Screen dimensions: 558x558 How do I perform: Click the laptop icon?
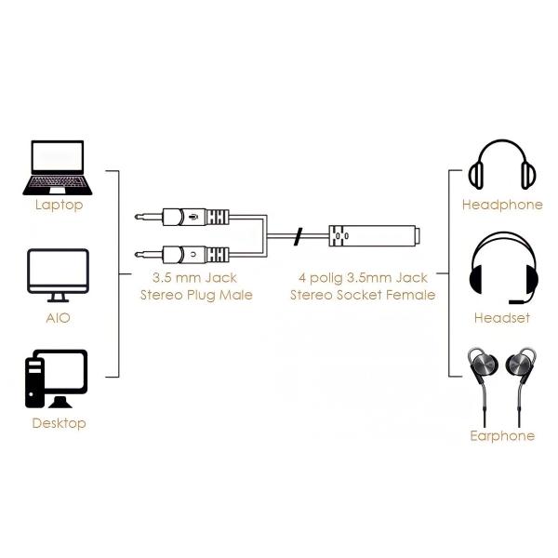point(58,167)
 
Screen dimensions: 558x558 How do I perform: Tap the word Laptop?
point(60,205)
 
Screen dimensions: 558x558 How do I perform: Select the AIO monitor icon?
point(58,275)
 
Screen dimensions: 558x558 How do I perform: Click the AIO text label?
point(58,318)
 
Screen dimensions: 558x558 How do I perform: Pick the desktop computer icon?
point(56,379)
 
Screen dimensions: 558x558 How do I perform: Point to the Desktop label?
point(60,423)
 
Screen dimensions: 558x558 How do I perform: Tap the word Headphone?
point(502,205)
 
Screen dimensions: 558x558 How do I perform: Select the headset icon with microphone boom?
point(504,268)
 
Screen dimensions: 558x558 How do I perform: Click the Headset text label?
point(502,317)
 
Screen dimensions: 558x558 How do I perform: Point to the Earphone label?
point(502,435)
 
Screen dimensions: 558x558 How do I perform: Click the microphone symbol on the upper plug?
point(193,217)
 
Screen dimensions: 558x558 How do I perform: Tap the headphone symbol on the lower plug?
point(193,254)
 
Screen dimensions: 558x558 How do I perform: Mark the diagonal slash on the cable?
point(298,236)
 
